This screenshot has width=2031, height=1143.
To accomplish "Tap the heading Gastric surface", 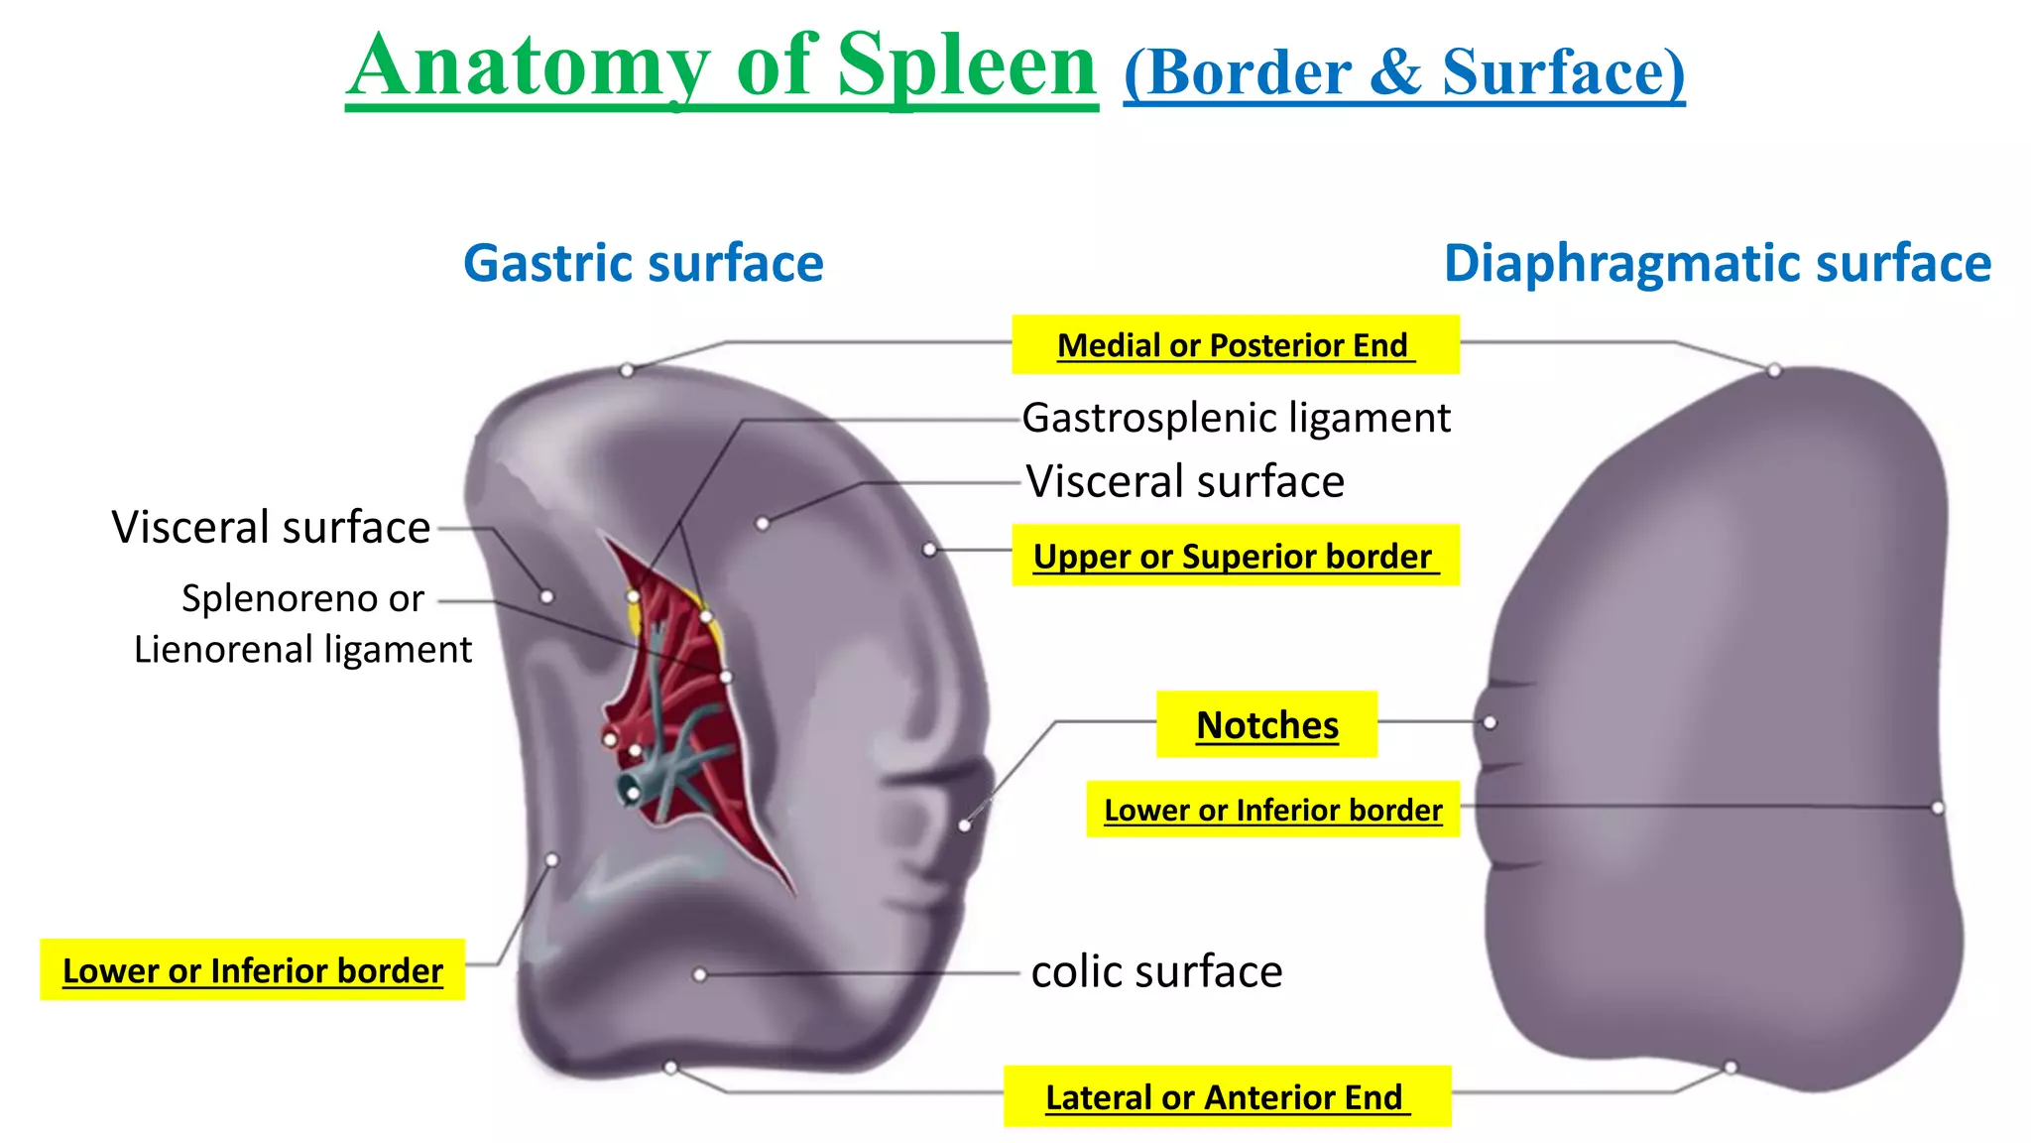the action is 643,264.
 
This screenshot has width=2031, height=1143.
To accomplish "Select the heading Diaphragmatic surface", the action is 1717,264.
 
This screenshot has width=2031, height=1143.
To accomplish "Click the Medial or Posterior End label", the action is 1234,345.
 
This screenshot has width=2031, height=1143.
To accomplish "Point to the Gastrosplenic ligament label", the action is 1236,418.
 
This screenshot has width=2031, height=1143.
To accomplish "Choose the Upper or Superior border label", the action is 1234,556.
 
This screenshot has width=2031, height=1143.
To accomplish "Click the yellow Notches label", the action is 1266,725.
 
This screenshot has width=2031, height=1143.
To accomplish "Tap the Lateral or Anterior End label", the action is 1226,1097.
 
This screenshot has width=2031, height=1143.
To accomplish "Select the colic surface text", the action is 1156,971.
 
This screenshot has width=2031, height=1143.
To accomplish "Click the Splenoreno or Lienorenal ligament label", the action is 302,624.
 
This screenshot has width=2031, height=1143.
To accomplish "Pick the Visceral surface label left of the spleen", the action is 271,527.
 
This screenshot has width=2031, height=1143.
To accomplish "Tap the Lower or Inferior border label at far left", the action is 252,970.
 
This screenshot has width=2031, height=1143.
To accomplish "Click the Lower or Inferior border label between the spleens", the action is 1272,810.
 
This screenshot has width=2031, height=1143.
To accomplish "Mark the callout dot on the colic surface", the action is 700,975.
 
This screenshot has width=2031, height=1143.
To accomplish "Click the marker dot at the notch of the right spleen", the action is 1490,723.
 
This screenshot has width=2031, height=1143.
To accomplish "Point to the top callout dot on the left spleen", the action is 627,370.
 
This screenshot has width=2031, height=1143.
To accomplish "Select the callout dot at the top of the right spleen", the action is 1774,370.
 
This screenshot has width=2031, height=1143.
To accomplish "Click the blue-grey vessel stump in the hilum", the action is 632,791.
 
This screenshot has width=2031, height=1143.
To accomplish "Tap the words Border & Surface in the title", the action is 1403,71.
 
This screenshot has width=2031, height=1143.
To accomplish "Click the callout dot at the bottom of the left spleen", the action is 671,1068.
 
